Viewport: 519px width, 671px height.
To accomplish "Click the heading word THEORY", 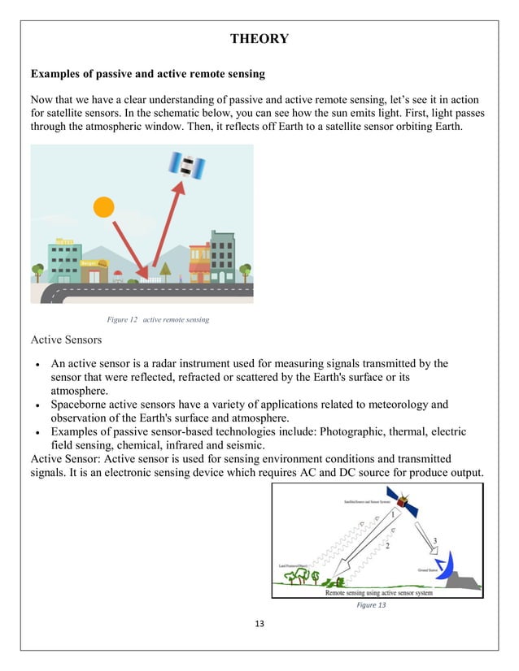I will [259, 38].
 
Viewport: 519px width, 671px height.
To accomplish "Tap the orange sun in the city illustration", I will [104, 207].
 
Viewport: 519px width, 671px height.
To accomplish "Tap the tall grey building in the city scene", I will [222, 256].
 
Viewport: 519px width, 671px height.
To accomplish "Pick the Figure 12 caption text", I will [152, 319].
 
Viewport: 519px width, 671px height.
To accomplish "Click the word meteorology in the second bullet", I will [388, 404].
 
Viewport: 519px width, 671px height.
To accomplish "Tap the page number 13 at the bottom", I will [259, 623].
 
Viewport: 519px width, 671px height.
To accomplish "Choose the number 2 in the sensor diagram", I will [387, 547].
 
